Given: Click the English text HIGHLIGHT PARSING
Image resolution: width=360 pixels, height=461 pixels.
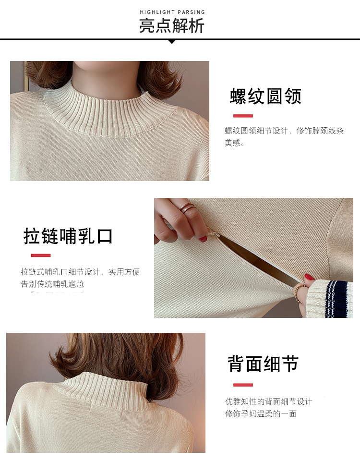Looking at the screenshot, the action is pyautogui.click(x=172, y=12).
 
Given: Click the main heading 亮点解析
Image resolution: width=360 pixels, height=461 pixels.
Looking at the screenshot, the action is pyautogui.click(x=172, y=26).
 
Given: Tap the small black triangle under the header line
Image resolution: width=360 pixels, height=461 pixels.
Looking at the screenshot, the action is pyautogui.click(x=172, y=42).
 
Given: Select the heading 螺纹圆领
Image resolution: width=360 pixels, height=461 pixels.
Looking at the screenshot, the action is pyautogui.click(x=265, y=96).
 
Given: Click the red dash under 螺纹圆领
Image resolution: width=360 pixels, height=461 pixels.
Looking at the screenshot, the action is pyautogui.click(x=243, y=116).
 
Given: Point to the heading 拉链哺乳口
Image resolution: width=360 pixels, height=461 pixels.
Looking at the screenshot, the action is pyautogui.click(x=68, y=236).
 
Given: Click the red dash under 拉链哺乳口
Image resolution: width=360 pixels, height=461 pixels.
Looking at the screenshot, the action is pyautogui.click(x=41, y=255).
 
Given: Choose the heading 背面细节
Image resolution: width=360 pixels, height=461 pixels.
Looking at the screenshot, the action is pyautogui.click(x=264, y=364).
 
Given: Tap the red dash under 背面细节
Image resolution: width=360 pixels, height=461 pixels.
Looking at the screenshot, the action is pyautogui.click(x=243, y=385).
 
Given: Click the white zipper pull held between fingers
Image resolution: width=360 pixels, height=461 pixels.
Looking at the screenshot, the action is pyautogui.click(x=214, y=234).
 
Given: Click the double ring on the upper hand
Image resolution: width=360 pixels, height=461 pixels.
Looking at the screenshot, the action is pyautogui.click(x=187, y=208).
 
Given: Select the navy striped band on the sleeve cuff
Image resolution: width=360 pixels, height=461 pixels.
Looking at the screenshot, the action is pyautogui.click(x=336, y=298).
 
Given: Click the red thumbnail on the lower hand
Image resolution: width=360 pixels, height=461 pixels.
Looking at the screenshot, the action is pyautogui.click(x=309, y=277).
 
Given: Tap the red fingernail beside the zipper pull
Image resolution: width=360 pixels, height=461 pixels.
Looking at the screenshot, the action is pyautogui.click(x=203, y=239).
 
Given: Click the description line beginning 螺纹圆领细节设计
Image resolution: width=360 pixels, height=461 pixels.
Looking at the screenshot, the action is pyautogui.click(x=284, y=131).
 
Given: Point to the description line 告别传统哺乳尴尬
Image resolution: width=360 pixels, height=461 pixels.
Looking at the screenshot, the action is pyautogui.click(x=53, y=284).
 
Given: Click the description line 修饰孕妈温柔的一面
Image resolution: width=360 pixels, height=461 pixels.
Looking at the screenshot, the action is pyautogui.click(x=261, y=413).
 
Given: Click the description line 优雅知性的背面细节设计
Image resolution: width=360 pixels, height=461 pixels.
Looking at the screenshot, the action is pyautogui.click(x=269, y=401).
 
